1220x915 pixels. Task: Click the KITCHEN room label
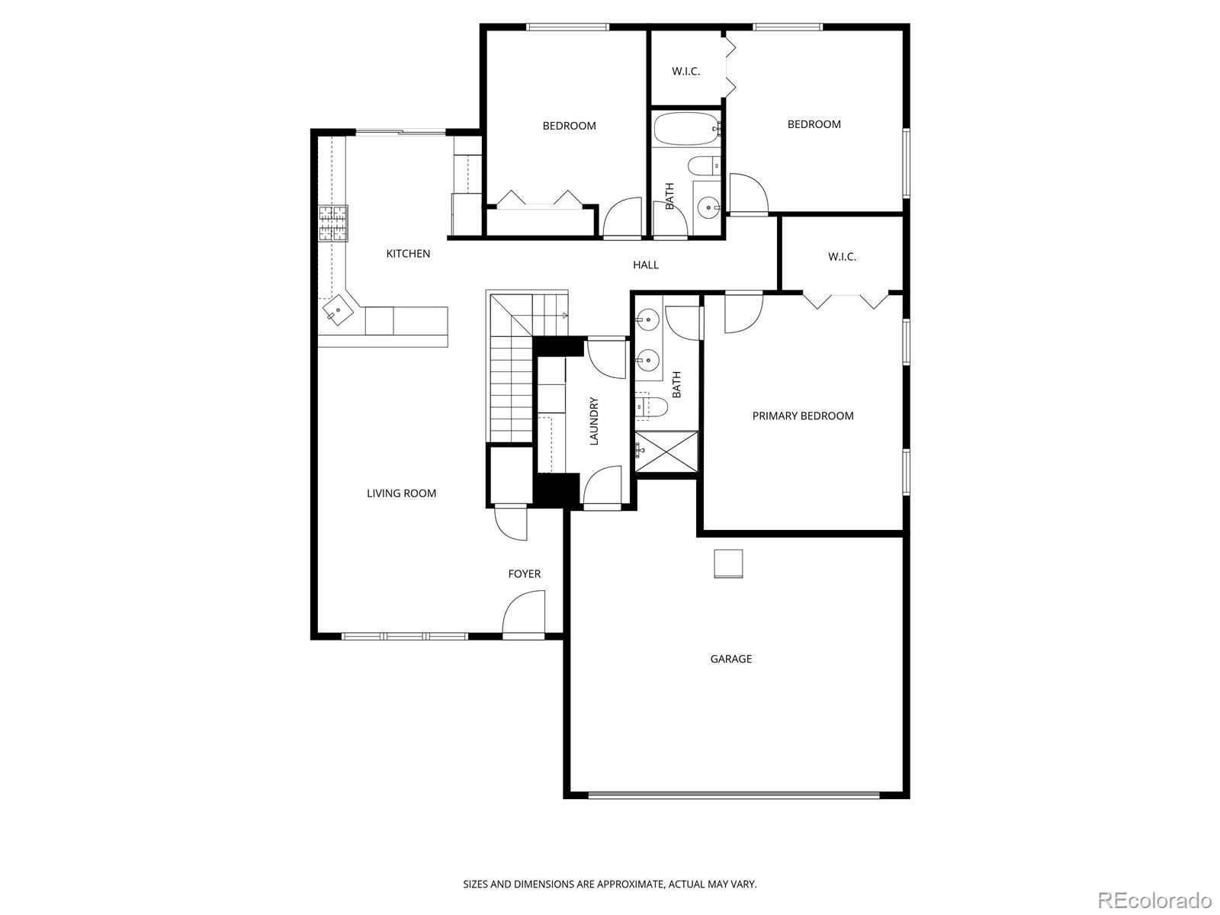408,254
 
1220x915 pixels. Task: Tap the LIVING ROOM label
401,493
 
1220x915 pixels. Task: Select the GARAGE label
730,659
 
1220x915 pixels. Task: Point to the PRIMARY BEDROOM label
802,416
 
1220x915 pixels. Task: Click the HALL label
645,265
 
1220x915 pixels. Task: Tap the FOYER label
524,574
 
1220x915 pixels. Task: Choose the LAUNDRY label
594,421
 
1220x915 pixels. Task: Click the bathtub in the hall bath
685,130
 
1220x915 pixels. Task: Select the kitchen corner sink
336,310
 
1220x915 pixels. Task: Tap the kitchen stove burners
332,223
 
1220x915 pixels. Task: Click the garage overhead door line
734,795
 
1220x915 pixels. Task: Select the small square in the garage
728,564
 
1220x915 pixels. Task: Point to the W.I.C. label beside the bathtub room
685,72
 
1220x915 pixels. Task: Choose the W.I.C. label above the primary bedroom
842,257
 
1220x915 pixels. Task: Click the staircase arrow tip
565,315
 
